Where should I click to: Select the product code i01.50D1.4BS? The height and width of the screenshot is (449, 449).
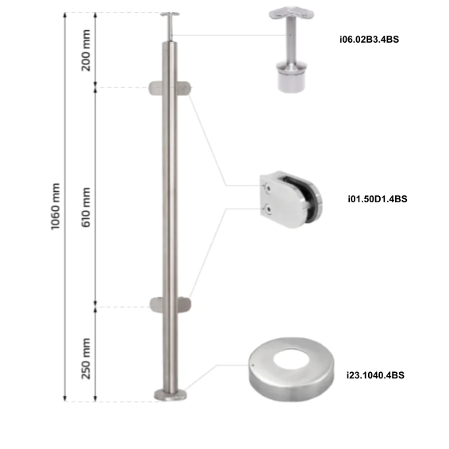pos(377,200)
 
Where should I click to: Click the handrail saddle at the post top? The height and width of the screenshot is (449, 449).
pos(170,15)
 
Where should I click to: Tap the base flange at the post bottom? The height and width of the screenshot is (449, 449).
pos(170,394)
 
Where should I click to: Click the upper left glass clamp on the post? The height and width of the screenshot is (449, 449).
pos(155,86)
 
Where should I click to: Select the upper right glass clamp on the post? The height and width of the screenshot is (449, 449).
pos(185,86)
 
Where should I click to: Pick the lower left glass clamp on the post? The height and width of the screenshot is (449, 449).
pos(155,304)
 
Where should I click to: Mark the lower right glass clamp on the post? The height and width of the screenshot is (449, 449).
pos(185,304)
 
